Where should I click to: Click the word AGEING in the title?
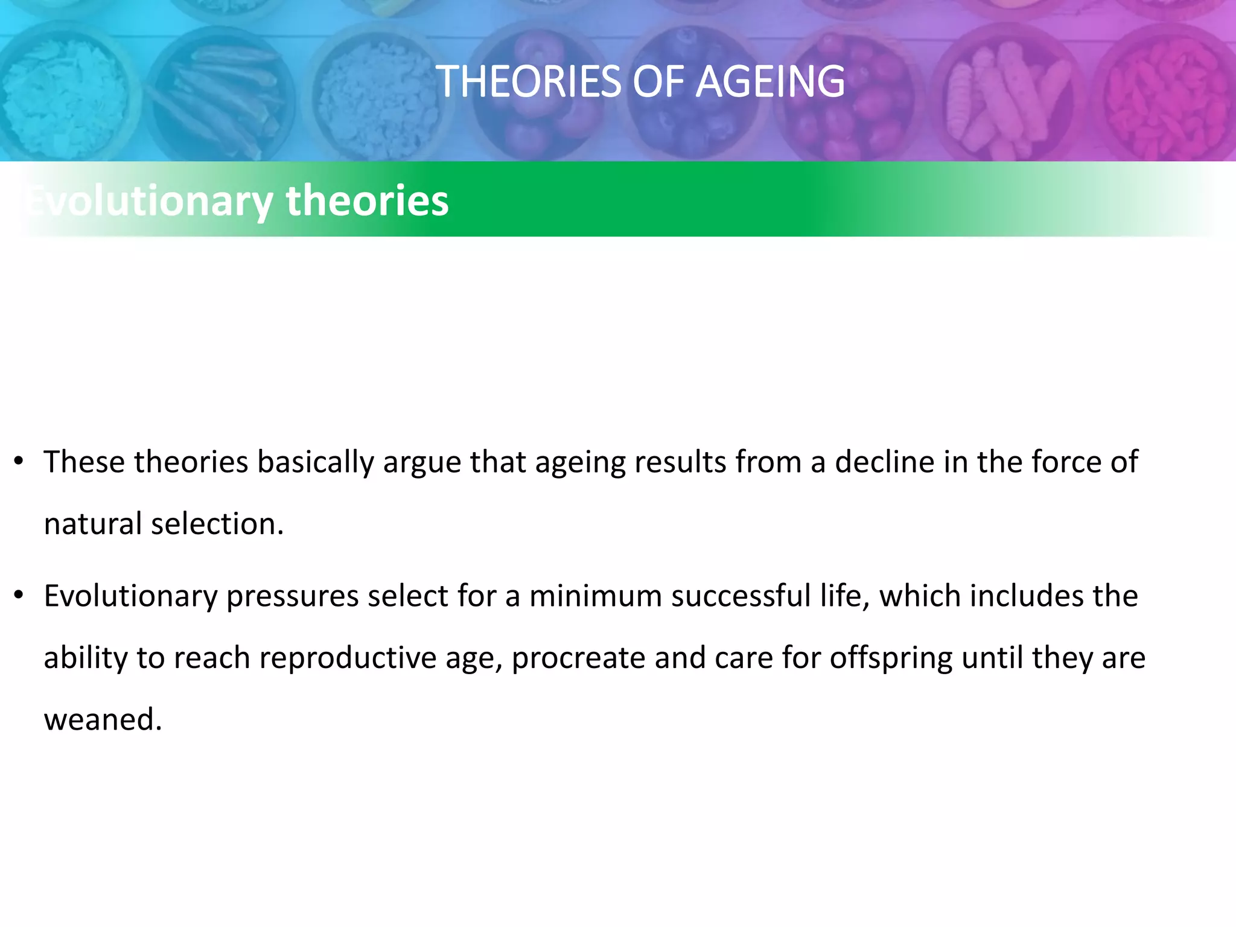pyautogui.click(x=770, y=81)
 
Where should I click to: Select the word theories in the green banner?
pyautogui.click(x=367, y=200)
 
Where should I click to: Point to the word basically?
pyautogui.click(x=316, y=462)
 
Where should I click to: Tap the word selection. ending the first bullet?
pyautogui.click(x=217, y=524)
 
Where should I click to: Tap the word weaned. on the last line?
pyautogui.click(x=103, y=719)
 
